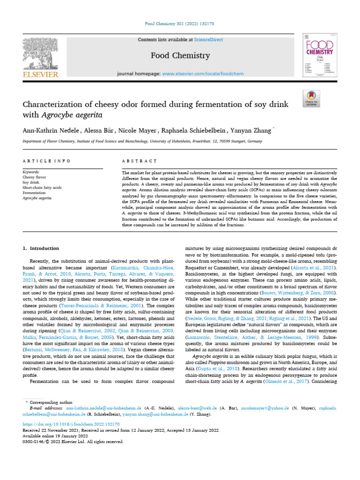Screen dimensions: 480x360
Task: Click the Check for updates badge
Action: click(312, 97)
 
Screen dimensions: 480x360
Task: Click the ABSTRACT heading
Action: click(139, 161)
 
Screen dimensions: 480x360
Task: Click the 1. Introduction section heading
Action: click(41, 248)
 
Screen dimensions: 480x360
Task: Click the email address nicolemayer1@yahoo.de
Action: click(265, 409)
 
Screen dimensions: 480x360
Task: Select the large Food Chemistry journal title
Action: click(180, 56)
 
